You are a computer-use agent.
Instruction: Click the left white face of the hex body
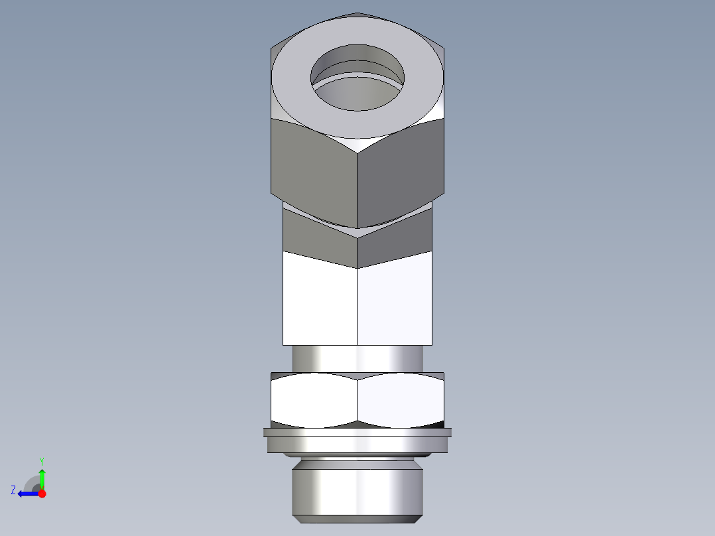pyautogui.click(x=320, y=302)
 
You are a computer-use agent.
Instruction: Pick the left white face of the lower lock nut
pyautogui.click(x=313, y=399)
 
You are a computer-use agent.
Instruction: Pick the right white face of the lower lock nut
pyautogui.click(x=400, y=399)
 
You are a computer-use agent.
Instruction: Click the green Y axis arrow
pyautogui.click(x=42, y=476)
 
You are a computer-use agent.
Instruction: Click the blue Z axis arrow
pyautogui.click(x=27, y=494)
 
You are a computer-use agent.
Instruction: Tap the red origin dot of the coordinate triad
pyautogui.click(x=42, y=494)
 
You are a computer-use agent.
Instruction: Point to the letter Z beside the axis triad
pyautogui.click(x=13, y=490)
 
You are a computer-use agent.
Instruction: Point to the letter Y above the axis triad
pyautogui.click(x=41, y=460)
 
